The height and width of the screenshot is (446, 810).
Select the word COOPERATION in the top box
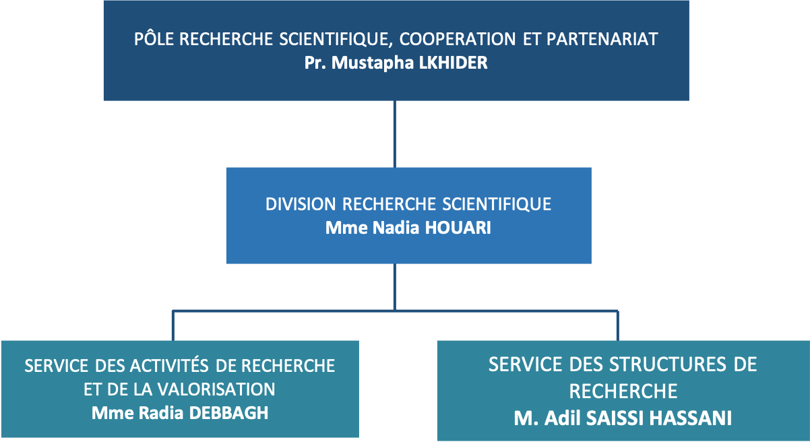(458, 39)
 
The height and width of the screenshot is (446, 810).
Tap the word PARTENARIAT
(602, 39)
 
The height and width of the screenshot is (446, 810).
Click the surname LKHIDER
(453, 63)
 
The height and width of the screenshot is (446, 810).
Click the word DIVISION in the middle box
(301, 204)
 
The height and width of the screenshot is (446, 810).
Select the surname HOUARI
(458, 228)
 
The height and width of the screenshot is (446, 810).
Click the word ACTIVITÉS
(169, 365)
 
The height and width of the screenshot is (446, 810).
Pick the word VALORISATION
(216, 389)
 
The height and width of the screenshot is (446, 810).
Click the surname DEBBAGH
(228, 413)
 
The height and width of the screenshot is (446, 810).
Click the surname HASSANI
(690, 418)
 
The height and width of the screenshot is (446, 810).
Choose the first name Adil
(562, 418)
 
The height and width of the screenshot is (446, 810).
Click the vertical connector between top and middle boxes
(394, 134)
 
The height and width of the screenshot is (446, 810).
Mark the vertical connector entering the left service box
(173, 325)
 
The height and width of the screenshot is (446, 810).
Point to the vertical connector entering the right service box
(618, 325)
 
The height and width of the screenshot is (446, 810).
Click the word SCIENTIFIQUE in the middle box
(497, 204)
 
